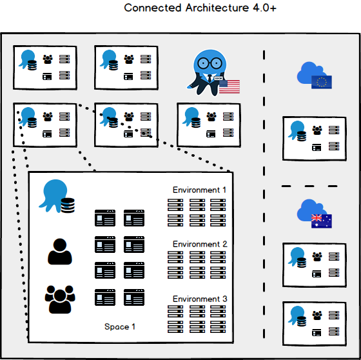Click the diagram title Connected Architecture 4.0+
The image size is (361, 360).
(x=191, y=8)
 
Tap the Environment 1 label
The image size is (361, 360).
(x=199, y=190)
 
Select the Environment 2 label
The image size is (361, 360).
(x=199, y=245)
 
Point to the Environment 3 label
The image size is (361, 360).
(x=199, y=299)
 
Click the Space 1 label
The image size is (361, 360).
(x=120, y=327)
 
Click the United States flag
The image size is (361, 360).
(x=229, y=87)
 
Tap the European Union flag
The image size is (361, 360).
(x=321, y=82)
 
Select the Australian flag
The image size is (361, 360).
(x=321, y=221)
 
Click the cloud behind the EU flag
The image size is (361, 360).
(x=308, y=73)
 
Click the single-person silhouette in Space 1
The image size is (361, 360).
(x=60, y=252)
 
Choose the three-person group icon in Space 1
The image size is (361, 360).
(x=59, y=299)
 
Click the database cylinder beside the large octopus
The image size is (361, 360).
(x=68, y=206)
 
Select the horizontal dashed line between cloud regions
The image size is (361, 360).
(x=309, y=186)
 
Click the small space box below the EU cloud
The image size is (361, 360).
(x=314, y=138)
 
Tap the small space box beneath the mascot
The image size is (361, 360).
(x=208, y=122)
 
